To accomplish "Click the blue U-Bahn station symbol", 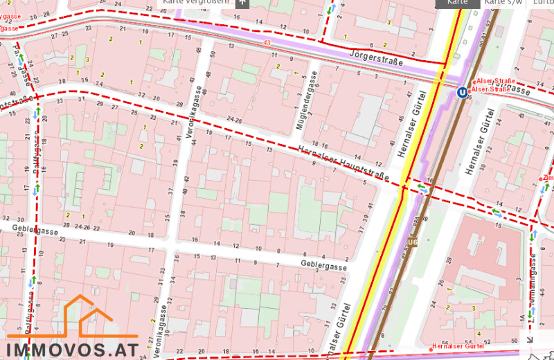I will (x=461, y=92).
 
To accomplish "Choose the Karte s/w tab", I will (x=503, y=2).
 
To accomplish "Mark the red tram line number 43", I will (x=267, y=44).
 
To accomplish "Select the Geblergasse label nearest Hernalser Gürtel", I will (x=323, y=265).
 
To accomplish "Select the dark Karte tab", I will (x=457, y=2).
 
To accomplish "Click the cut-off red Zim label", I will (x=548, y=179).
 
